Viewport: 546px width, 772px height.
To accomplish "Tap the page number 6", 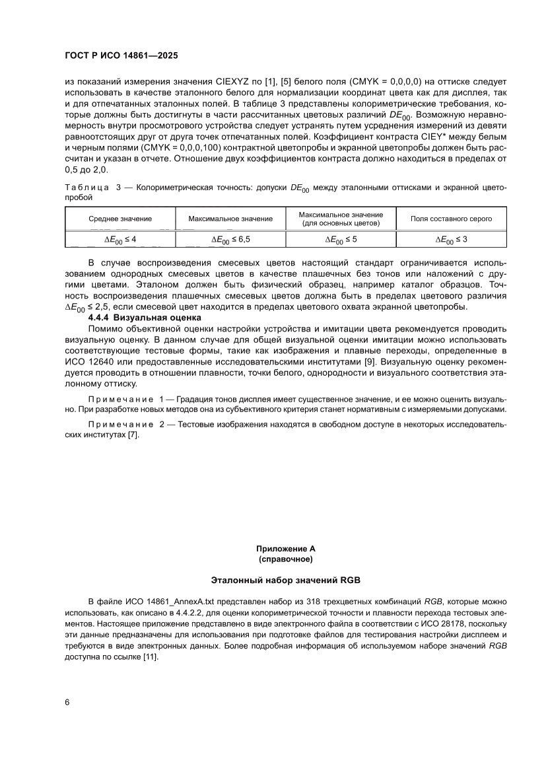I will click(x=67, y=701).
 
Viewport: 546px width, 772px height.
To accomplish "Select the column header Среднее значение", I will click(x=120, y=219).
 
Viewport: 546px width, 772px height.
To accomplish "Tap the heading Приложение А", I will click(x=286, y=549).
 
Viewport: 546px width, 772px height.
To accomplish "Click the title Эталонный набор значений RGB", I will click(x=286, y=580).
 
